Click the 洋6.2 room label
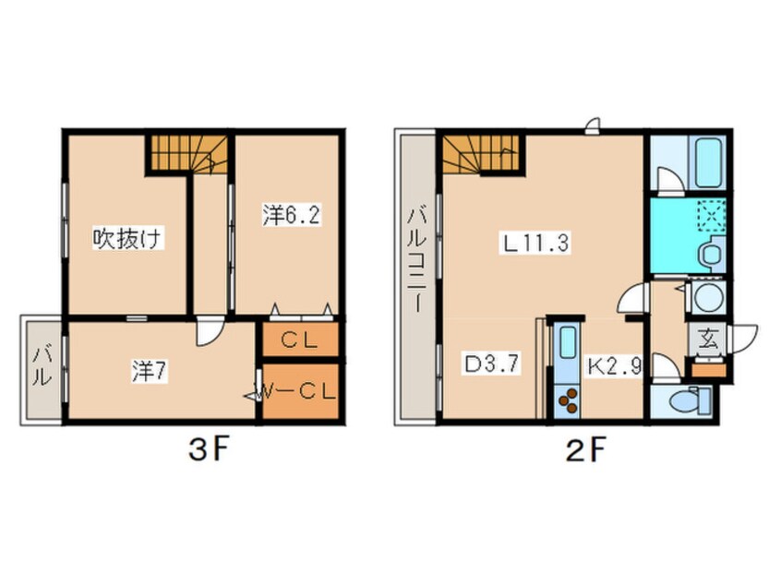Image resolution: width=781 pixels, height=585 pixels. pyautogui.click(x=292, y=216)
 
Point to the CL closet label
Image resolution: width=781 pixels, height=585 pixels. pyautogui.click(x=299, y=340)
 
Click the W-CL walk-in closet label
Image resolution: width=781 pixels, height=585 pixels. pyautogui.click(x=297, y=392)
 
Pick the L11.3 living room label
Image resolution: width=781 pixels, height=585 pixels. pyautogui.click(x=535, y=244)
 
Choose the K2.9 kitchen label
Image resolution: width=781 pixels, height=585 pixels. pyautogui.click(x=615, y=367)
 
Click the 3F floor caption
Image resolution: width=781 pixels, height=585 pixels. pyautogui.click(x=209, y=450)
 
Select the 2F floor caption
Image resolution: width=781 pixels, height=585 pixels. pyautogui.click(x=584, y=450)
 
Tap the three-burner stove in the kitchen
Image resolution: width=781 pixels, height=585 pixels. pyautogui.click(x=569, y=400)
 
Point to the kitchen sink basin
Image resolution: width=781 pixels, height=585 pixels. pyautogui.click(x=568, y=342)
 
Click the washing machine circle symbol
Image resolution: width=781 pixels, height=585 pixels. pyautogui.click(x=708, y=298)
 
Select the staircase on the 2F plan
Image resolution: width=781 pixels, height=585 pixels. pyautogui.click(x=481, y=154)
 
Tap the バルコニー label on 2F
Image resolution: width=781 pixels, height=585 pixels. pyautogui.click(x=416, y=261)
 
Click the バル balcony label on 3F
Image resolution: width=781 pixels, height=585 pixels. pyautogui.click(x=42, y=367)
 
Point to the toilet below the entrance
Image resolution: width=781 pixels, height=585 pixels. pyautogui.click(x=690, y=400)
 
